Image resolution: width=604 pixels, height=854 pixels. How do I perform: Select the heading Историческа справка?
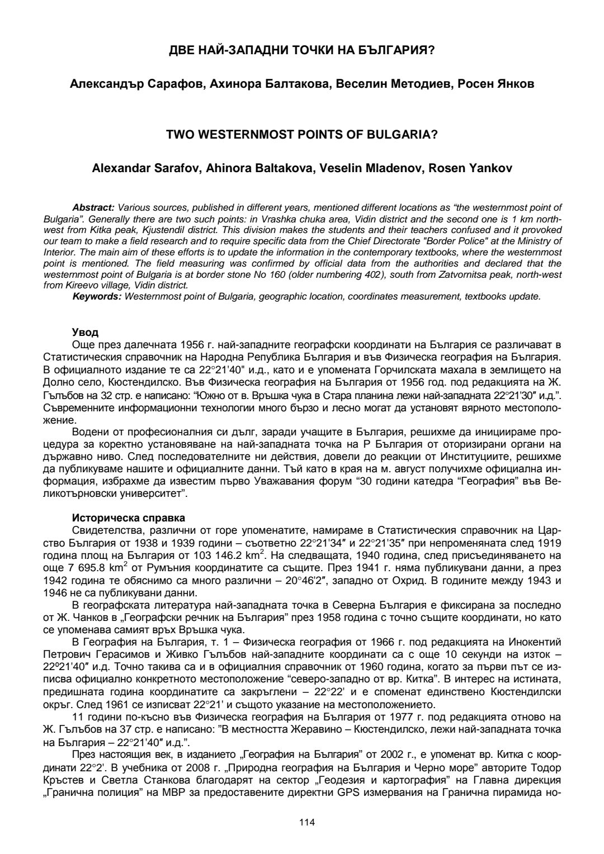coord(129,518)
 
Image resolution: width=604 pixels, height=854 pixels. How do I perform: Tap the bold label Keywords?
coord(97,296)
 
